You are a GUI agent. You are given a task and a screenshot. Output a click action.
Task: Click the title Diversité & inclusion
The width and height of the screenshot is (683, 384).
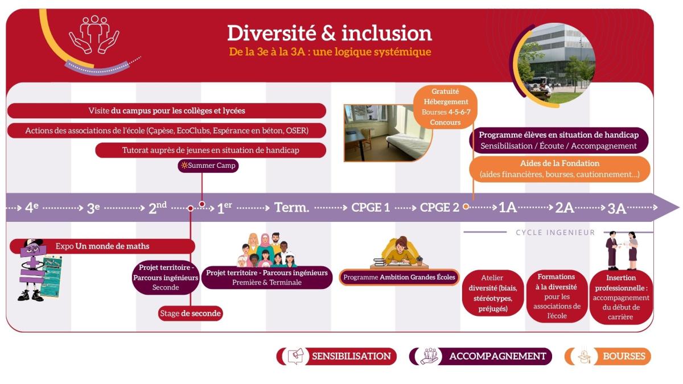coord(330,33)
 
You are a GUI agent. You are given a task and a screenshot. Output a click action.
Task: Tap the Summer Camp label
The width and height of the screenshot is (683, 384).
coord(208,166)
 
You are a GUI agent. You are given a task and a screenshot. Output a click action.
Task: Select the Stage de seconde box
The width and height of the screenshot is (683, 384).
coord(191,313)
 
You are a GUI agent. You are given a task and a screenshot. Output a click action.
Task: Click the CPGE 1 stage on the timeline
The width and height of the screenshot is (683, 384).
coord(371,208)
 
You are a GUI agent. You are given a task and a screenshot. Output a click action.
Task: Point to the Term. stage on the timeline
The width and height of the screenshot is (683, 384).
coord(292,208)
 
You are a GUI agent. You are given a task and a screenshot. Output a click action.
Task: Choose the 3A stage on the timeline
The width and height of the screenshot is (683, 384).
coord(616,208)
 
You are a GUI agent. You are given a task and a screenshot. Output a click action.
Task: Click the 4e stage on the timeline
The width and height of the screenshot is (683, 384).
coord(32,208)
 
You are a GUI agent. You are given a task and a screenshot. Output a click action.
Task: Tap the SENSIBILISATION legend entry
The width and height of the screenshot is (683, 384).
coord(336,356)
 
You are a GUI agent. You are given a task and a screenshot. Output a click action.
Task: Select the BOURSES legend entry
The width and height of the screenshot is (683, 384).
coord(608,356)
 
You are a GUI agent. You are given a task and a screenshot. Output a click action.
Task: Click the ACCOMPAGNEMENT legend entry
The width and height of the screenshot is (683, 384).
coord(480,356)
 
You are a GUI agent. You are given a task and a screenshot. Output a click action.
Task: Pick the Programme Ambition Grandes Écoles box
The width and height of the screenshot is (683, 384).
coord(399,278)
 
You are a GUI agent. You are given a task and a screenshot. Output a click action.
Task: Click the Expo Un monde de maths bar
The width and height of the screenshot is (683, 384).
coord(102,246)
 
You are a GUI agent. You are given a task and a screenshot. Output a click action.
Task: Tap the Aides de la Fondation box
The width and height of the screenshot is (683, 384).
coord(559,169)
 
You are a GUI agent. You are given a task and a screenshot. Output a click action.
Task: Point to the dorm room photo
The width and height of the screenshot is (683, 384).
coord(387,133)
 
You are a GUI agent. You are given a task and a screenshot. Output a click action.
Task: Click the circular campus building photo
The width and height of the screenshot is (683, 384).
coord(556,63)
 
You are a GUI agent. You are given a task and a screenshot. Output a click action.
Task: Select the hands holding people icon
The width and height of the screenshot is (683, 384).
coord(94,35)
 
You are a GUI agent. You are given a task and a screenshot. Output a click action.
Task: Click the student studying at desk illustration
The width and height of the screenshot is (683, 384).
coord(400,253)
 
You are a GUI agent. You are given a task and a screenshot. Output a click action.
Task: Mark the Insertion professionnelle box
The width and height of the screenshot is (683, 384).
coord(621,297)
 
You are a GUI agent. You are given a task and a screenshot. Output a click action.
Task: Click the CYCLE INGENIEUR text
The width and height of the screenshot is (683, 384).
coord(556,233)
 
